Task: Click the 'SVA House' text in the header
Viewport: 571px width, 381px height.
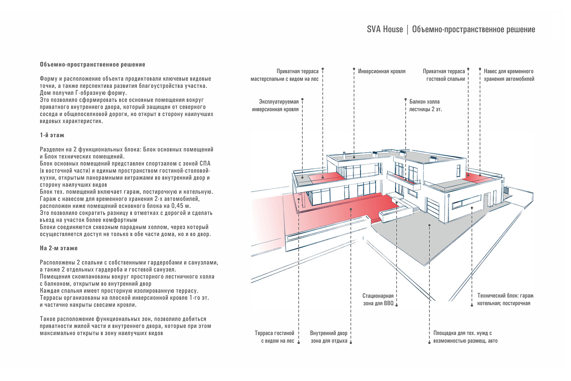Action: point(385,29)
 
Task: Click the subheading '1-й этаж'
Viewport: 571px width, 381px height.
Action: point(52,135)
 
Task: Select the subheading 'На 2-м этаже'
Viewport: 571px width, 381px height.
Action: point(59,248)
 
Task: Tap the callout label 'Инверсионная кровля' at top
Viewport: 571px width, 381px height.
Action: point(381,71)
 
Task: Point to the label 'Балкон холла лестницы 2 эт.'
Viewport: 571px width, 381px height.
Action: point(425,105)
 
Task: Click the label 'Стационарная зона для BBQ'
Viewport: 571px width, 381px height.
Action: point(378,300)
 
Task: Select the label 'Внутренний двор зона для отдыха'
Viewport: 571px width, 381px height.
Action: point(329,337)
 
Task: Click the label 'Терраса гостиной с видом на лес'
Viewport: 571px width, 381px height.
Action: point(274,337)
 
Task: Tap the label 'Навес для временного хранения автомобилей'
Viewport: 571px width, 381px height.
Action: point(509,75)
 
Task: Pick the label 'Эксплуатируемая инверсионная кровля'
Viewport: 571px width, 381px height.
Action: point(275,105)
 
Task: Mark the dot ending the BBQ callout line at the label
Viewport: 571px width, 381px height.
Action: point(396,305)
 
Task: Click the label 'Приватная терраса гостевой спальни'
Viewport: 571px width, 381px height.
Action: point(444,75)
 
